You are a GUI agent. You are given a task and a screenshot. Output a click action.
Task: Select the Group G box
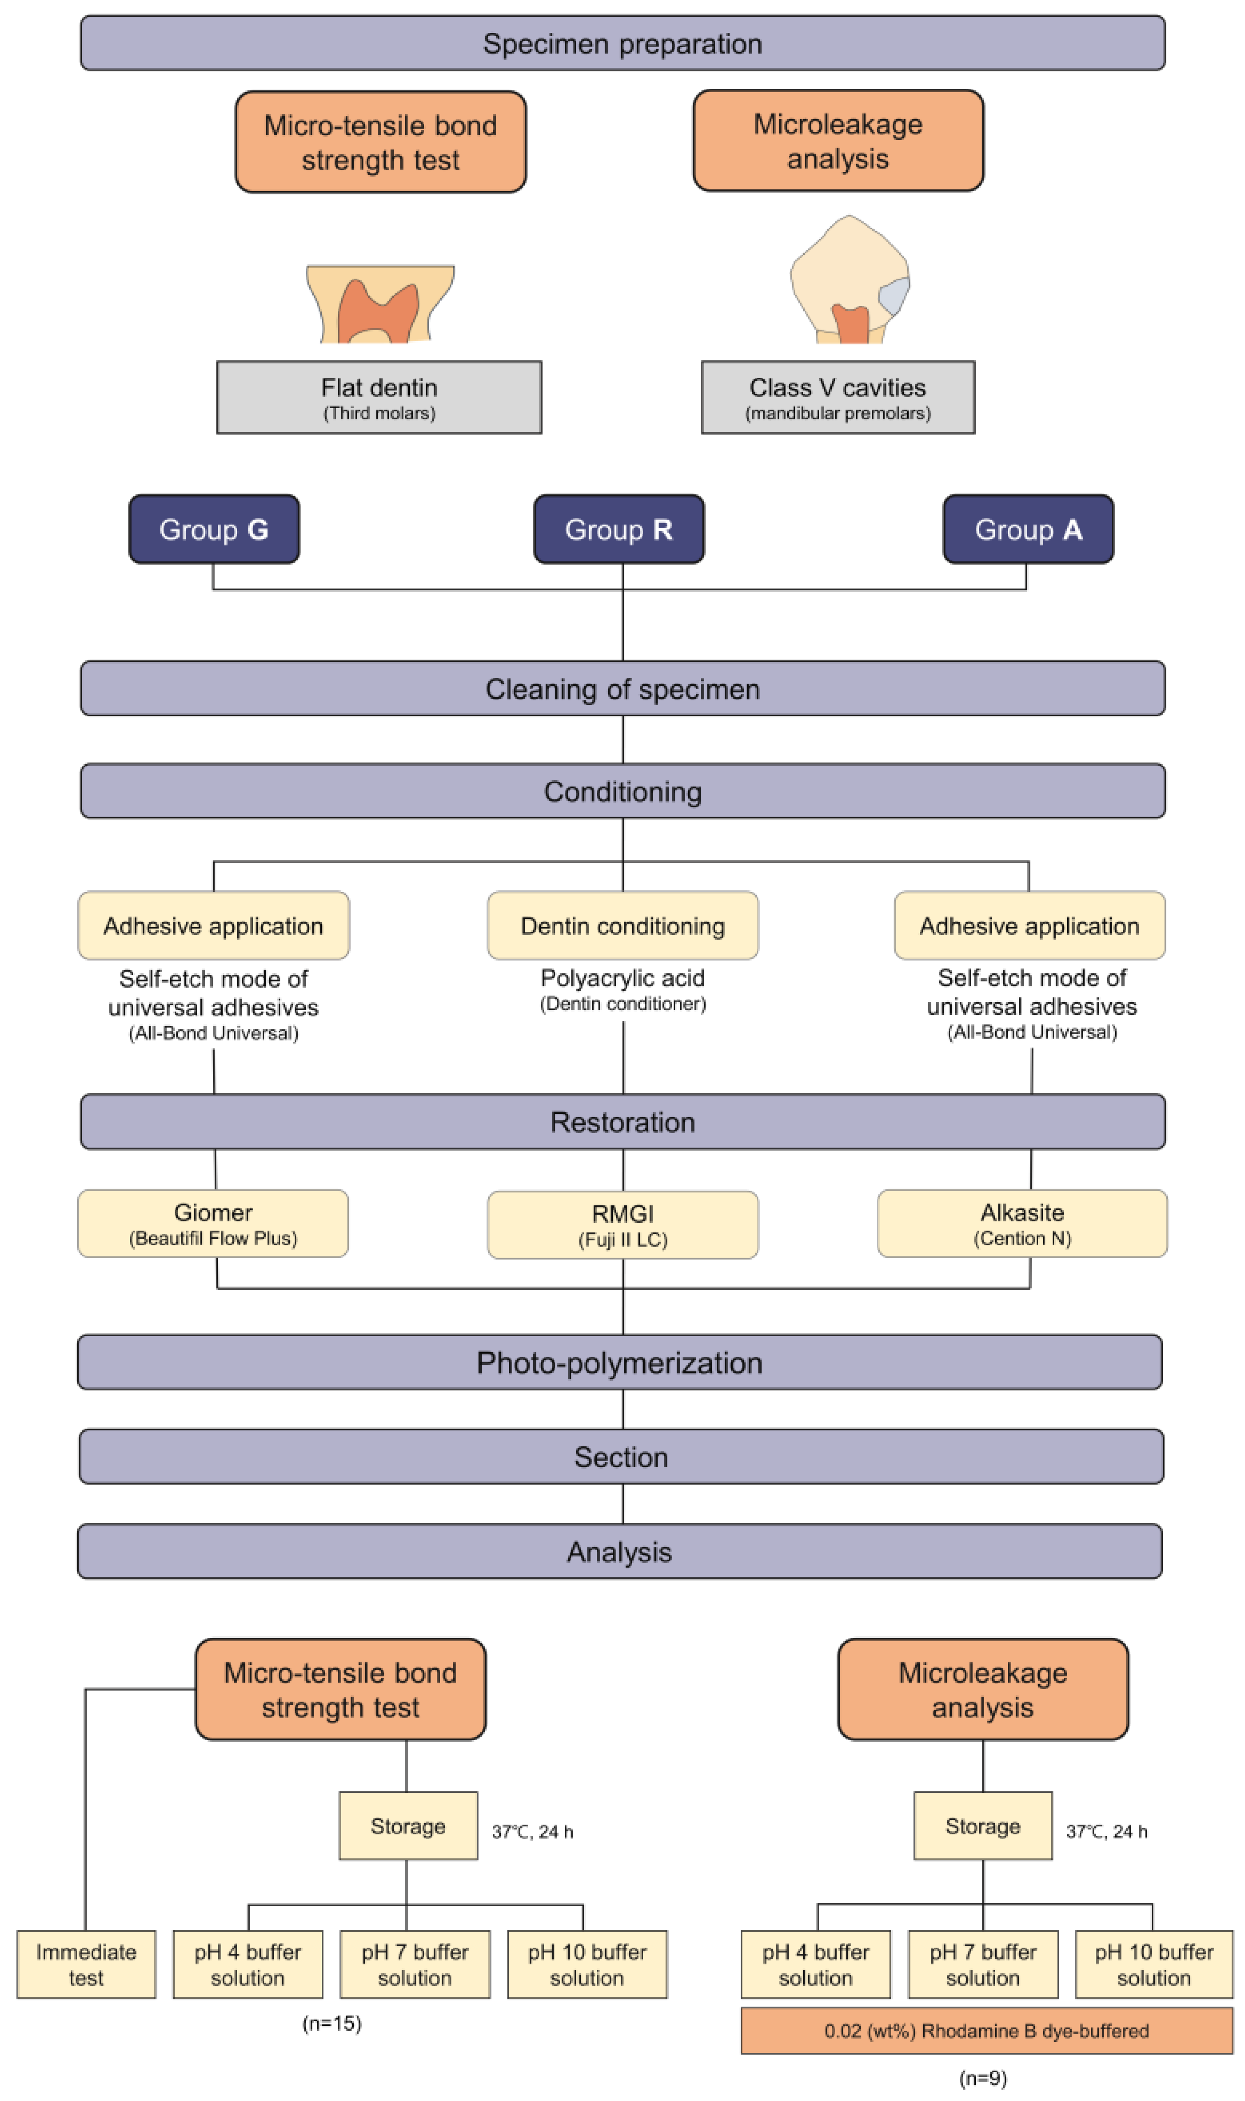[x=214, y=529]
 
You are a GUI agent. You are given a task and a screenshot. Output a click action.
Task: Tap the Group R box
[x=619, y=529]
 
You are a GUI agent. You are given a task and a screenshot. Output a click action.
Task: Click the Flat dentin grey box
[x=379, y=397]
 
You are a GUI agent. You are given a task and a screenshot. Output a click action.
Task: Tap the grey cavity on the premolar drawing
[x=894, y=295]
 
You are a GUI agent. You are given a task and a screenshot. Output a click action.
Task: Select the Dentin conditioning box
[x=622, y=926]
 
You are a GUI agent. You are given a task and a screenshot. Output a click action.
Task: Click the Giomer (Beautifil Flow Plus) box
[x=213, y=1224]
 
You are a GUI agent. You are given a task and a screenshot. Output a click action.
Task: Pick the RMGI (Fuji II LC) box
[x=622, y=1225]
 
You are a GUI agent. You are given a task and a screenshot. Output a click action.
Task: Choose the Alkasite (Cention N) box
[x=1022, y=1224]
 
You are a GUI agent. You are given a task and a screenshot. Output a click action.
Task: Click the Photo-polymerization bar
[x=619, y=1363]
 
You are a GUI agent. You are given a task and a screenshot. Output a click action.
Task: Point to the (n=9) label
[x=982, y=2078]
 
